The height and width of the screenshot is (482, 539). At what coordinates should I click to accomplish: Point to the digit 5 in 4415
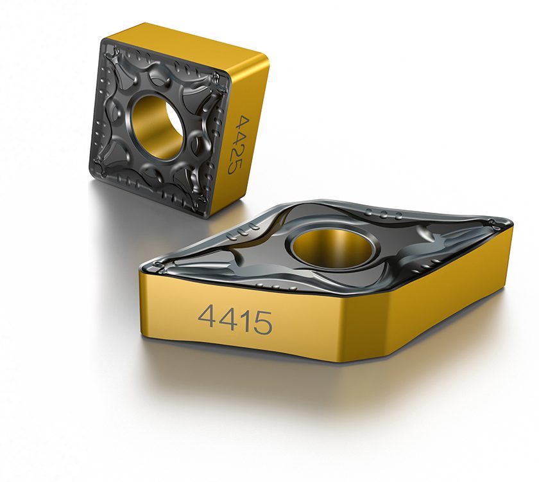coord(262,323)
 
